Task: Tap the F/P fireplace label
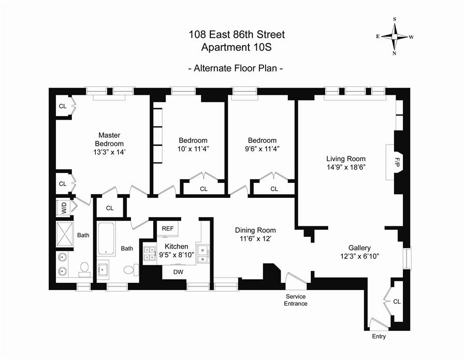[x=397, y=162]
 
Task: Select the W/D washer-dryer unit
[x=64, y=208]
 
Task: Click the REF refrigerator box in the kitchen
[x=168, y=228]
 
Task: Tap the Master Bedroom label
[x=109, y=139]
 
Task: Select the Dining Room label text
[x=255, y=230]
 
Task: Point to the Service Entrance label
[x=296, y=300]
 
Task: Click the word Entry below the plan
[x=379, y=337]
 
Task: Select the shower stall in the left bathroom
[x=65, y=235]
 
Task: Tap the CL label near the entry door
[x=397, y=301]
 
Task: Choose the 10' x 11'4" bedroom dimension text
[x=193, y=149]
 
